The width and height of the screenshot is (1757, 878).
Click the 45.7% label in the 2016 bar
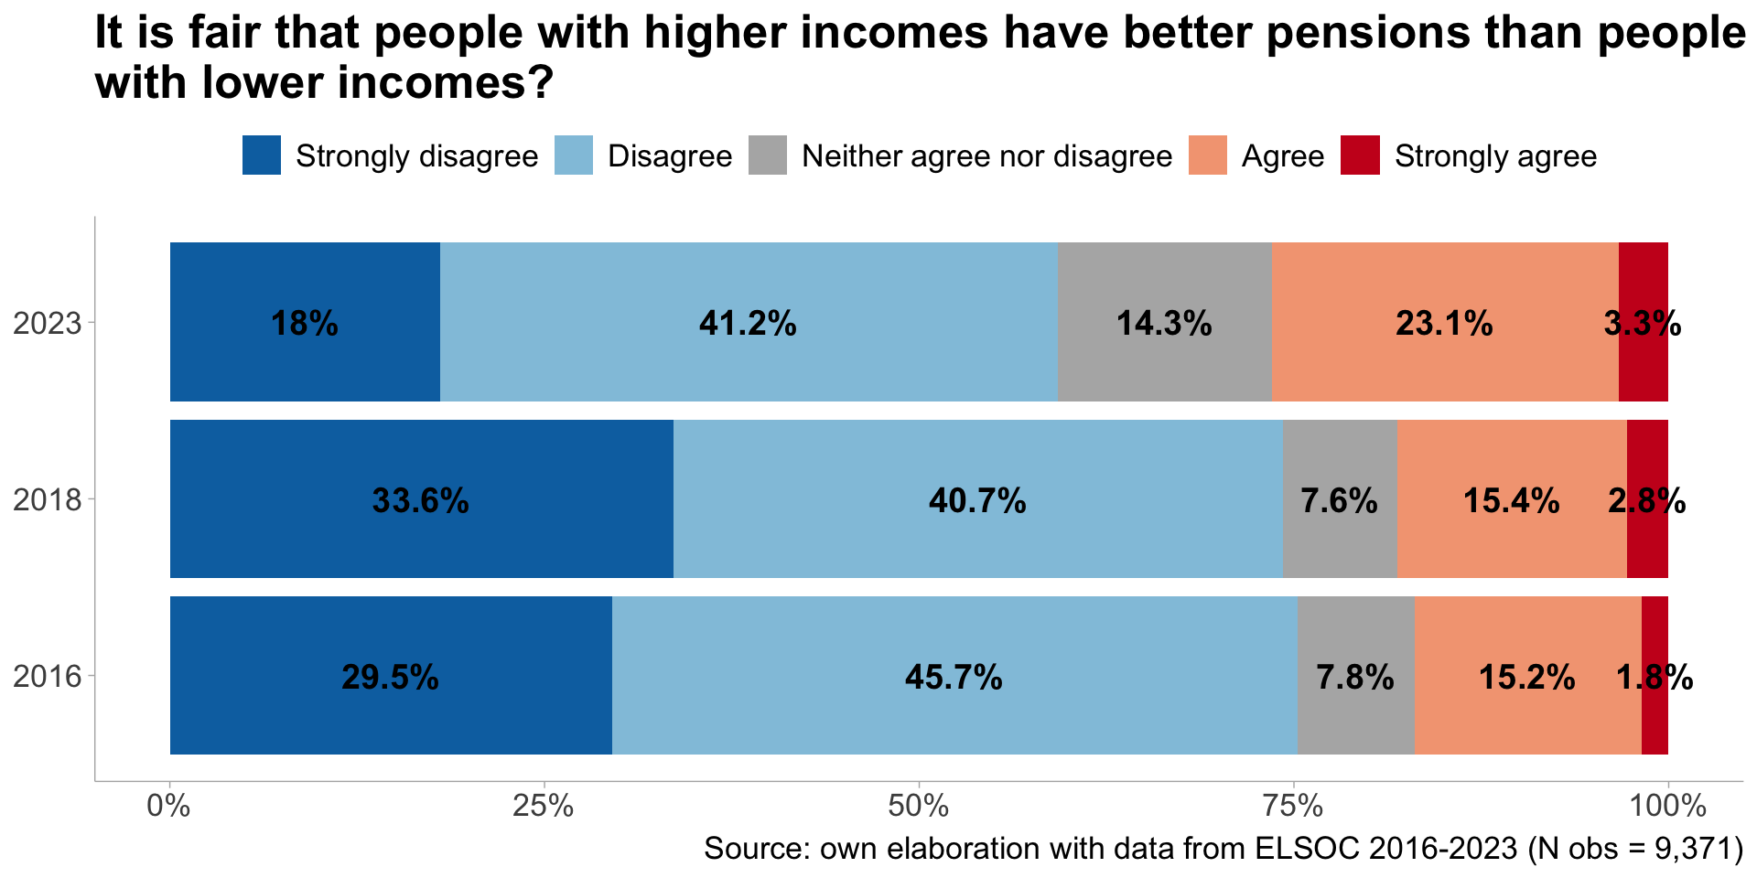[x=954, y=678]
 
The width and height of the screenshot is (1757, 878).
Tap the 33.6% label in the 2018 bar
[x=420, y=501]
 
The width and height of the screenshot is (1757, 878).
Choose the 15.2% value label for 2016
[x=1526, y=678]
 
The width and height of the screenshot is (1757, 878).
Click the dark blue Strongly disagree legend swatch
[x=262, y=155]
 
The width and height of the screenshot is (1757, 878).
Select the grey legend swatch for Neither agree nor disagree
[x=768, y=155]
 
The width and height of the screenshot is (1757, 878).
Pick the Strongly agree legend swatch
[x=1360, y=155]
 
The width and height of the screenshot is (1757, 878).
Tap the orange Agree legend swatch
[x=1208, y=155]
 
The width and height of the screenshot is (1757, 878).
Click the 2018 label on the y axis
[x=48, y=500]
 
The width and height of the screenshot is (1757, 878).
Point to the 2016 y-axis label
[x=48, y=677]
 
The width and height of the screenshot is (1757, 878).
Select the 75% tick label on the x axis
[x=1292, y=807]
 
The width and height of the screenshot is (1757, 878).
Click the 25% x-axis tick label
[x=544, y=807]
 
